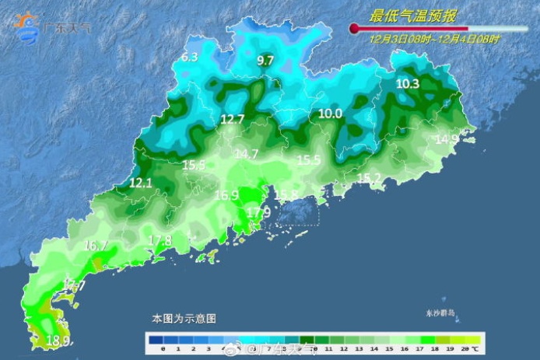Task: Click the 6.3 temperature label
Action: (190, 58)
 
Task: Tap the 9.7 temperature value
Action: (265, 61)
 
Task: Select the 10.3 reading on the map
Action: (407, 84)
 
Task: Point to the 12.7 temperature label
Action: (232, 120)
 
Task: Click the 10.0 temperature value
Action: (330, 114)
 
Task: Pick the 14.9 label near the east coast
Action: (447, 140)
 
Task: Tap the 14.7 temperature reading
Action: (246, 155)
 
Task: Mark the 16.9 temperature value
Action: (226, 196)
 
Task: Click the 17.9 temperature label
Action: (258, 212)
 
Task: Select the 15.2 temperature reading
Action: (369, 179)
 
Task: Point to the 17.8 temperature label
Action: (160, 240)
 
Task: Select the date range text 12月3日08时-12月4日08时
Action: (435, 37)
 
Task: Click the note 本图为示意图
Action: (184, 319)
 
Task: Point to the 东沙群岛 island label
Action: (440, 313)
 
